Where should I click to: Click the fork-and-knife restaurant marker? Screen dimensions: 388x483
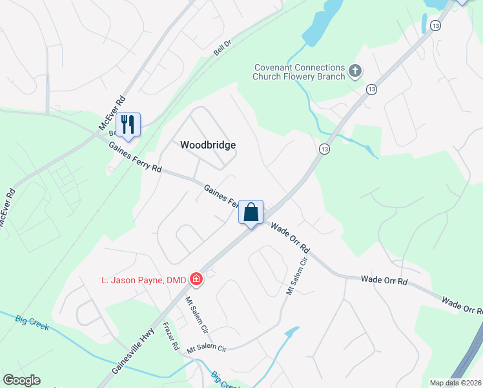tap(128, 124)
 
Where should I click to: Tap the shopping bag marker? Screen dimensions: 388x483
tap(251, 211)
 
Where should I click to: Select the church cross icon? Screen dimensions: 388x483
tap(355, 72)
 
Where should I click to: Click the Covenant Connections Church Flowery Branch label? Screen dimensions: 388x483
tap(299, 72)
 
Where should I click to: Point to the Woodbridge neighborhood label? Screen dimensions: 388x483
tap(207, 145)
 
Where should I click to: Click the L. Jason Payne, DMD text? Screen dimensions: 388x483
tap(143, 280)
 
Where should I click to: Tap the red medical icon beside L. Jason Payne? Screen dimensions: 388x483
tap(196, 279)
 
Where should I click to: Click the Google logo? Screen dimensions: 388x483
tap(21, 380)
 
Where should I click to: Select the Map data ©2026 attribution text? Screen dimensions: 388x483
tap(455, 383)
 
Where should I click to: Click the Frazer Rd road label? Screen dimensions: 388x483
tap(171, 336)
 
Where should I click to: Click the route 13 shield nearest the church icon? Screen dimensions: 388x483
tap(371, 89)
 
